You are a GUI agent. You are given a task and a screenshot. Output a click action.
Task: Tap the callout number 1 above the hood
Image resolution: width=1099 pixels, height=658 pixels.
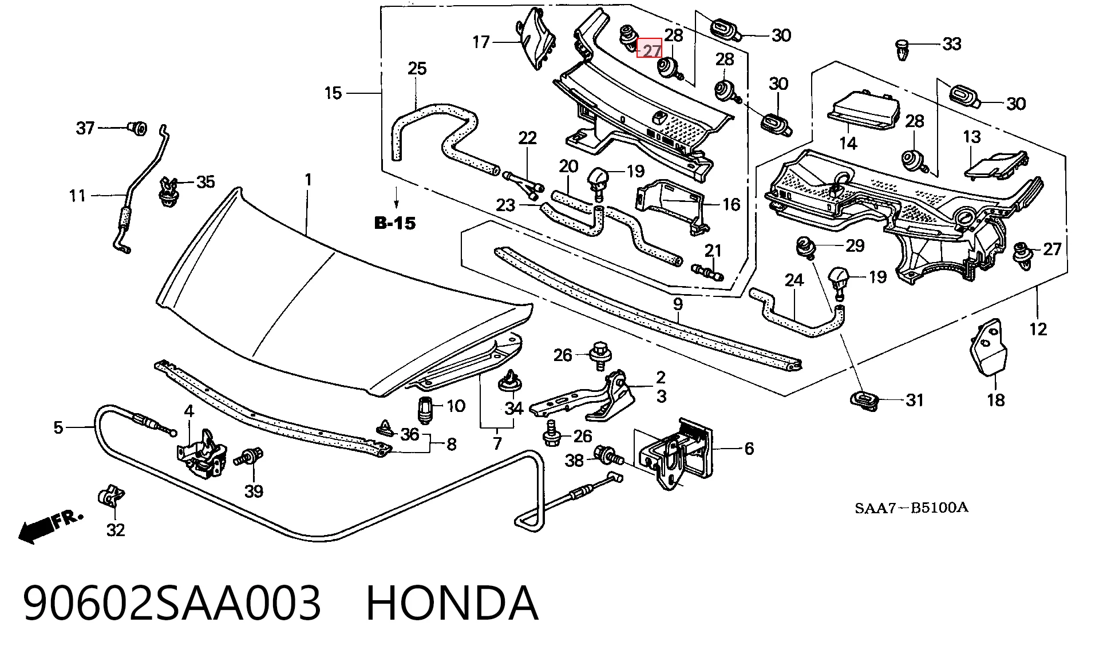[x=309, y=180]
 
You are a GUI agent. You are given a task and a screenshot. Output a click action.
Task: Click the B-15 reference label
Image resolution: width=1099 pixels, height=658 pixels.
[x=395, y=223]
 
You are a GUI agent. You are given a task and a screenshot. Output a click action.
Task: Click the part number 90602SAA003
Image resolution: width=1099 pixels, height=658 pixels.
[x=172, y=603]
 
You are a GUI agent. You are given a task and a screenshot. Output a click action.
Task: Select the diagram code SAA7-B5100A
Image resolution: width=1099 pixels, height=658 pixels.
[x=912, y=508]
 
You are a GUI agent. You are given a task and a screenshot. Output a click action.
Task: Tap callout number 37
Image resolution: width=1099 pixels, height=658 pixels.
[x=85, y=128]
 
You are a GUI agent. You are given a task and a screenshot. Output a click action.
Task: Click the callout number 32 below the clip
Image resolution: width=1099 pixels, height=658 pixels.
[x=116, y=530]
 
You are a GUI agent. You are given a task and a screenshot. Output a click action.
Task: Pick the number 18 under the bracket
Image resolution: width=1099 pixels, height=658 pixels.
[x=996, y=400]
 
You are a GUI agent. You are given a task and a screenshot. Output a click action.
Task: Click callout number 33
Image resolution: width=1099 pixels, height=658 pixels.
[x=952, y=43]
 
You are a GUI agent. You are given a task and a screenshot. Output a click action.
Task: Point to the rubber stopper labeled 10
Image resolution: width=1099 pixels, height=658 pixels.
[x=425, y=409]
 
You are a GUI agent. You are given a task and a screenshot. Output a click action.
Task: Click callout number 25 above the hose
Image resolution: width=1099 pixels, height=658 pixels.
[x=417, y=69]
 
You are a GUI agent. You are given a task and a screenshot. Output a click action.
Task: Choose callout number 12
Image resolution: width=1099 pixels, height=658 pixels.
[x=1038, y=329]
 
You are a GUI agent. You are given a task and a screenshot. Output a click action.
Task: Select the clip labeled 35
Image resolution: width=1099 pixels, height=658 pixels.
[x=168, y=192]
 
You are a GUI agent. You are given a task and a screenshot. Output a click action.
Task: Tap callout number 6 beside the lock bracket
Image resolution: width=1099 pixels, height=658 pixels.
[x=749, y=449]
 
